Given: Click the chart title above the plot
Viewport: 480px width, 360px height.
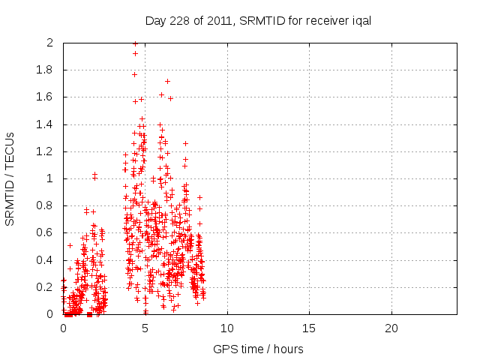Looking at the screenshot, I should [259, 21].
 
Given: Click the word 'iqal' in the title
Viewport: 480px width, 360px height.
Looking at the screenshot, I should [361, 21].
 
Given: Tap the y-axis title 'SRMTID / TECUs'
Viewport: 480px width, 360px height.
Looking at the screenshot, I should [11, 178].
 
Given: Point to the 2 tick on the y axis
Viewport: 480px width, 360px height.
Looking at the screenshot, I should [50, 43].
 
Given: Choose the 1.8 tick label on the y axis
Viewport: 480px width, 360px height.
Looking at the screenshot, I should [46, 70].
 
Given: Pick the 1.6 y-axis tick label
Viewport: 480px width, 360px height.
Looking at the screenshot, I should [46, 97].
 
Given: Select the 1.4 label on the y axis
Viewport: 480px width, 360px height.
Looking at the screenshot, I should [46, 124].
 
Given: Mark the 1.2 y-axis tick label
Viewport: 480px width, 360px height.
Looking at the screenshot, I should [46, 151].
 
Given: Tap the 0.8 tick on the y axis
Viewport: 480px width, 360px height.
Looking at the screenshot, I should [46, 206].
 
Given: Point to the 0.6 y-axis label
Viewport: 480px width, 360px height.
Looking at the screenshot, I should [46, 233].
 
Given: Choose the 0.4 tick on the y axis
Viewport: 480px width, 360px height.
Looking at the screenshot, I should [46, 260].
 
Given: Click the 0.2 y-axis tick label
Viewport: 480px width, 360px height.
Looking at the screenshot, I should [46, 287].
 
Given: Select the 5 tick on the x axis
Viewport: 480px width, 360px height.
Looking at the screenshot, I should [145, 328].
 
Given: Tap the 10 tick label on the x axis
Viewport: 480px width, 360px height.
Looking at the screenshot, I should [226, 328].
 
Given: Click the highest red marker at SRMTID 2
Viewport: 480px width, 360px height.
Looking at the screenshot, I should [135, 43].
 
